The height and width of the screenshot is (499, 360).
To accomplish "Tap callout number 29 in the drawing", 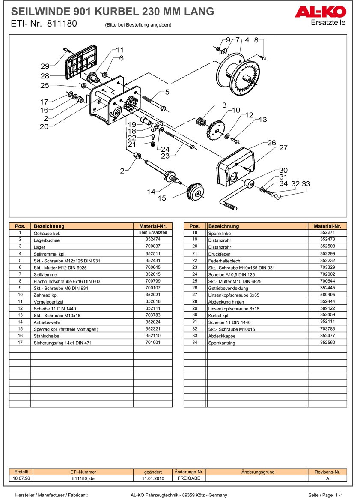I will (45, 66).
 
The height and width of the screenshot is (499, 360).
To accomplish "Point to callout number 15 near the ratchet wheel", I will (162, 198).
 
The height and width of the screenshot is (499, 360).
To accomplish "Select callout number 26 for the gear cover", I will (272, 143).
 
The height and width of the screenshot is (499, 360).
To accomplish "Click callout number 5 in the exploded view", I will (167, 92).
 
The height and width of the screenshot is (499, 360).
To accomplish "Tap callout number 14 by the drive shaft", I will (151, 192).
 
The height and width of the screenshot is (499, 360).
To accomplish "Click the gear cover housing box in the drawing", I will (235, 169).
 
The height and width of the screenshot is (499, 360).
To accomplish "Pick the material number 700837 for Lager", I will (153, 247).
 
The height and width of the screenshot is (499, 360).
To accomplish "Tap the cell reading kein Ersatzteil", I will (153, 232).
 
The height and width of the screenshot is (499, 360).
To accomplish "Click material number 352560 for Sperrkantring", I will (327, 343).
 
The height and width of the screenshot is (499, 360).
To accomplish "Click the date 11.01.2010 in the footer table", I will (153, 478).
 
